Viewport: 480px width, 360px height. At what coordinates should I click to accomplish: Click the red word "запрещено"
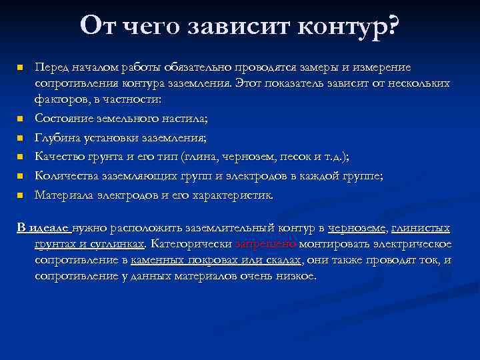(x=262, y=243)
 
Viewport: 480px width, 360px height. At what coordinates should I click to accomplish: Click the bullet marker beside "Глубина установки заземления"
(x=21, y=138)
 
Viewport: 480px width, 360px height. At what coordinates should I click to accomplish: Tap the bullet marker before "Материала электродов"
(x=21, y=195)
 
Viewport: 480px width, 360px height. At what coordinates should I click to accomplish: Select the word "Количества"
(x=66, y=176)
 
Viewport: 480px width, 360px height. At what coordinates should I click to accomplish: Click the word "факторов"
(x=59, y=99)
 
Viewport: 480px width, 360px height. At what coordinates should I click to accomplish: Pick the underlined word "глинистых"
(x=421, y=228)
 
